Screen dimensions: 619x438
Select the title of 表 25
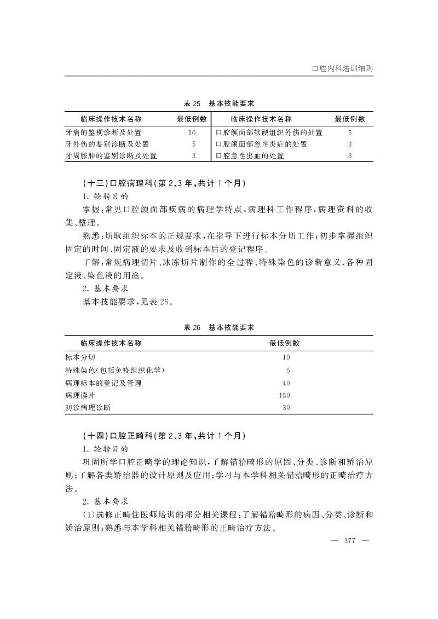click(x=218, y=103)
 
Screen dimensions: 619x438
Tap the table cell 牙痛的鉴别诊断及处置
click(x=103, y=132)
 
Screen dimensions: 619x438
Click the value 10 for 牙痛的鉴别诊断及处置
click(x=192, y=132)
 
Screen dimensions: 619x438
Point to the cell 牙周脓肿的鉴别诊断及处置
click(x=111, y=157)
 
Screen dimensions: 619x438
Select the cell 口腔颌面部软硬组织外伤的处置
click(x=269, y=132)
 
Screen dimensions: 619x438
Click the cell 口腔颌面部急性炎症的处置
click(x=262, y=144)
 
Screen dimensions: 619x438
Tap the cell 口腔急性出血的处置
click(x=250, y=157)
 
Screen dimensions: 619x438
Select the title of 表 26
click(x=218, y=327)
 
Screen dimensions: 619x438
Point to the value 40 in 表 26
click(x=286, y=383)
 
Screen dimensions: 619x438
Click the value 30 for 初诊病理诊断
click(x=286, y=408)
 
